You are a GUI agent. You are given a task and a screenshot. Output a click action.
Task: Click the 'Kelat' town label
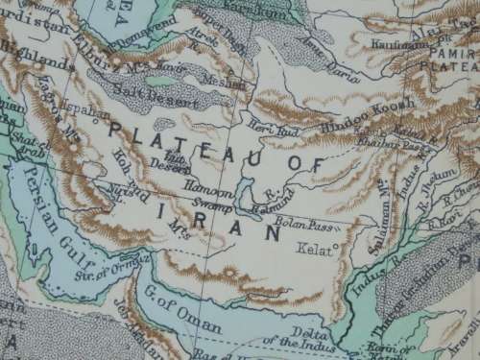click(x=322, y=252)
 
